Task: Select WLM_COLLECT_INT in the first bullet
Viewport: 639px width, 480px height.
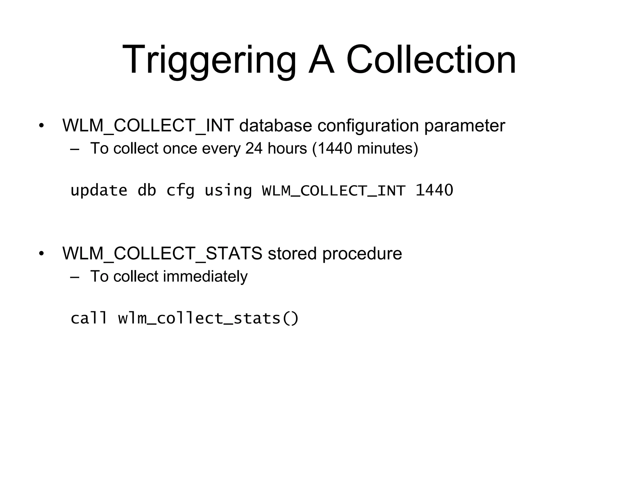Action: pos(148,126)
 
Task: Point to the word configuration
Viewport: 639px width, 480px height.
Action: pos(368,126)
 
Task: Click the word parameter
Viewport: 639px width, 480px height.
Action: pos(464,126)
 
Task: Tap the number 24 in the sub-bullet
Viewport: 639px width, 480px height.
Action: pos(254,148)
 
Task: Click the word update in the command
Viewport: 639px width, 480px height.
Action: pos(99,190)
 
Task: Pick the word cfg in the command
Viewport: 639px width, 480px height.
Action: pos(180,190)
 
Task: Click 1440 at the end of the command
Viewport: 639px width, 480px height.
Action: pos(434,190)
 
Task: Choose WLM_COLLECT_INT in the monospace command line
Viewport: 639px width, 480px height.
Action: pos(334,190)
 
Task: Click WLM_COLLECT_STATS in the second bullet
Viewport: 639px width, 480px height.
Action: pos(162,253)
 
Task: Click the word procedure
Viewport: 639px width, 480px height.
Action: pos(362,253)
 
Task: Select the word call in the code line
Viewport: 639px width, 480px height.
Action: pos(89,318)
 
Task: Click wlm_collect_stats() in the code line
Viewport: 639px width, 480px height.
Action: pos(208,318)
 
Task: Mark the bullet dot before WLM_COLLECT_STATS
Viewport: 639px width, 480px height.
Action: pos(41,254)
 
